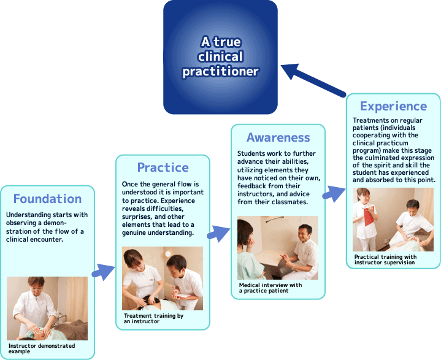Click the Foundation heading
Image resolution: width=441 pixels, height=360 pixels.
pyautogui.click(x=47, y=199)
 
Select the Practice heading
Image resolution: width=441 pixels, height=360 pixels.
pyautogui.click(x=163, y=167)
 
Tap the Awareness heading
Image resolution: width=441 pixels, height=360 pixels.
pyautogui.click(x=278, y=137)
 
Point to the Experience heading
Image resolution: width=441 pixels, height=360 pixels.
pyautogui.click(x=394, y=106)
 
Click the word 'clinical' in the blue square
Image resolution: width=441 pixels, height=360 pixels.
pyautogui.click(x=221, y=56)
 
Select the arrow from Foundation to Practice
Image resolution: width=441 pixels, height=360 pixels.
pyautogui.click(x=103, y=272)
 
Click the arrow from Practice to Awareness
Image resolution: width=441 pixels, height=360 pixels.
pyautogui.click(x=218, y=234)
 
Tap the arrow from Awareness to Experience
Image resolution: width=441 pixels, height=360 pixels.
pyautogui.click(x=334, y=194)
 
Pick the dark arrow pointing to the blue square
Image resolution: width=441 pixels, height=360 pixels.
pyautogui.click(x=313, y=80)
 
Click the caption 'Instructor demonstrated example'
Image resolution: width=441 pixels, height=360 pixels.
pyautogui.click(x=42, y=348)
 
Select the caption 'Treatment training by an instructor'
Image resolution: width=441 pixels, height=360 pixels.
pyautogui.click(x=153, y=318)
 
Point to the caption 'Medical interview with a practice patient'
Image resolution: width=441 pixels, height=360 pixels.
pyautogui.click(x=270, y=288)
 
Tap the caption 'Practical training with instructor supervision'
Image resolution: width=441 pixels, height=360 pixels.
pyautogui.click(x=385, y=259)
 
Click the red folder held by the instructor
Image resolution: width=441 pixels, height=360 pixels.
pyautogui.click(x=369, y=216)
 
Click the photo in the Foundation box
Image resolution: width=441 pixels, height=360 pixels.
pyautogui.click(x=47, y=308)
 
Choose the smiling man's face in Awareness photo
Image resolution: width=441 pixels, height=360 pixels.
pyautogui.click(x=305, y=234)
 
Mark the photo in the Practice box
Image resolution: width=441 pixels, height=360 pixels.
pyautogui.click(x=163, y=278)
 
